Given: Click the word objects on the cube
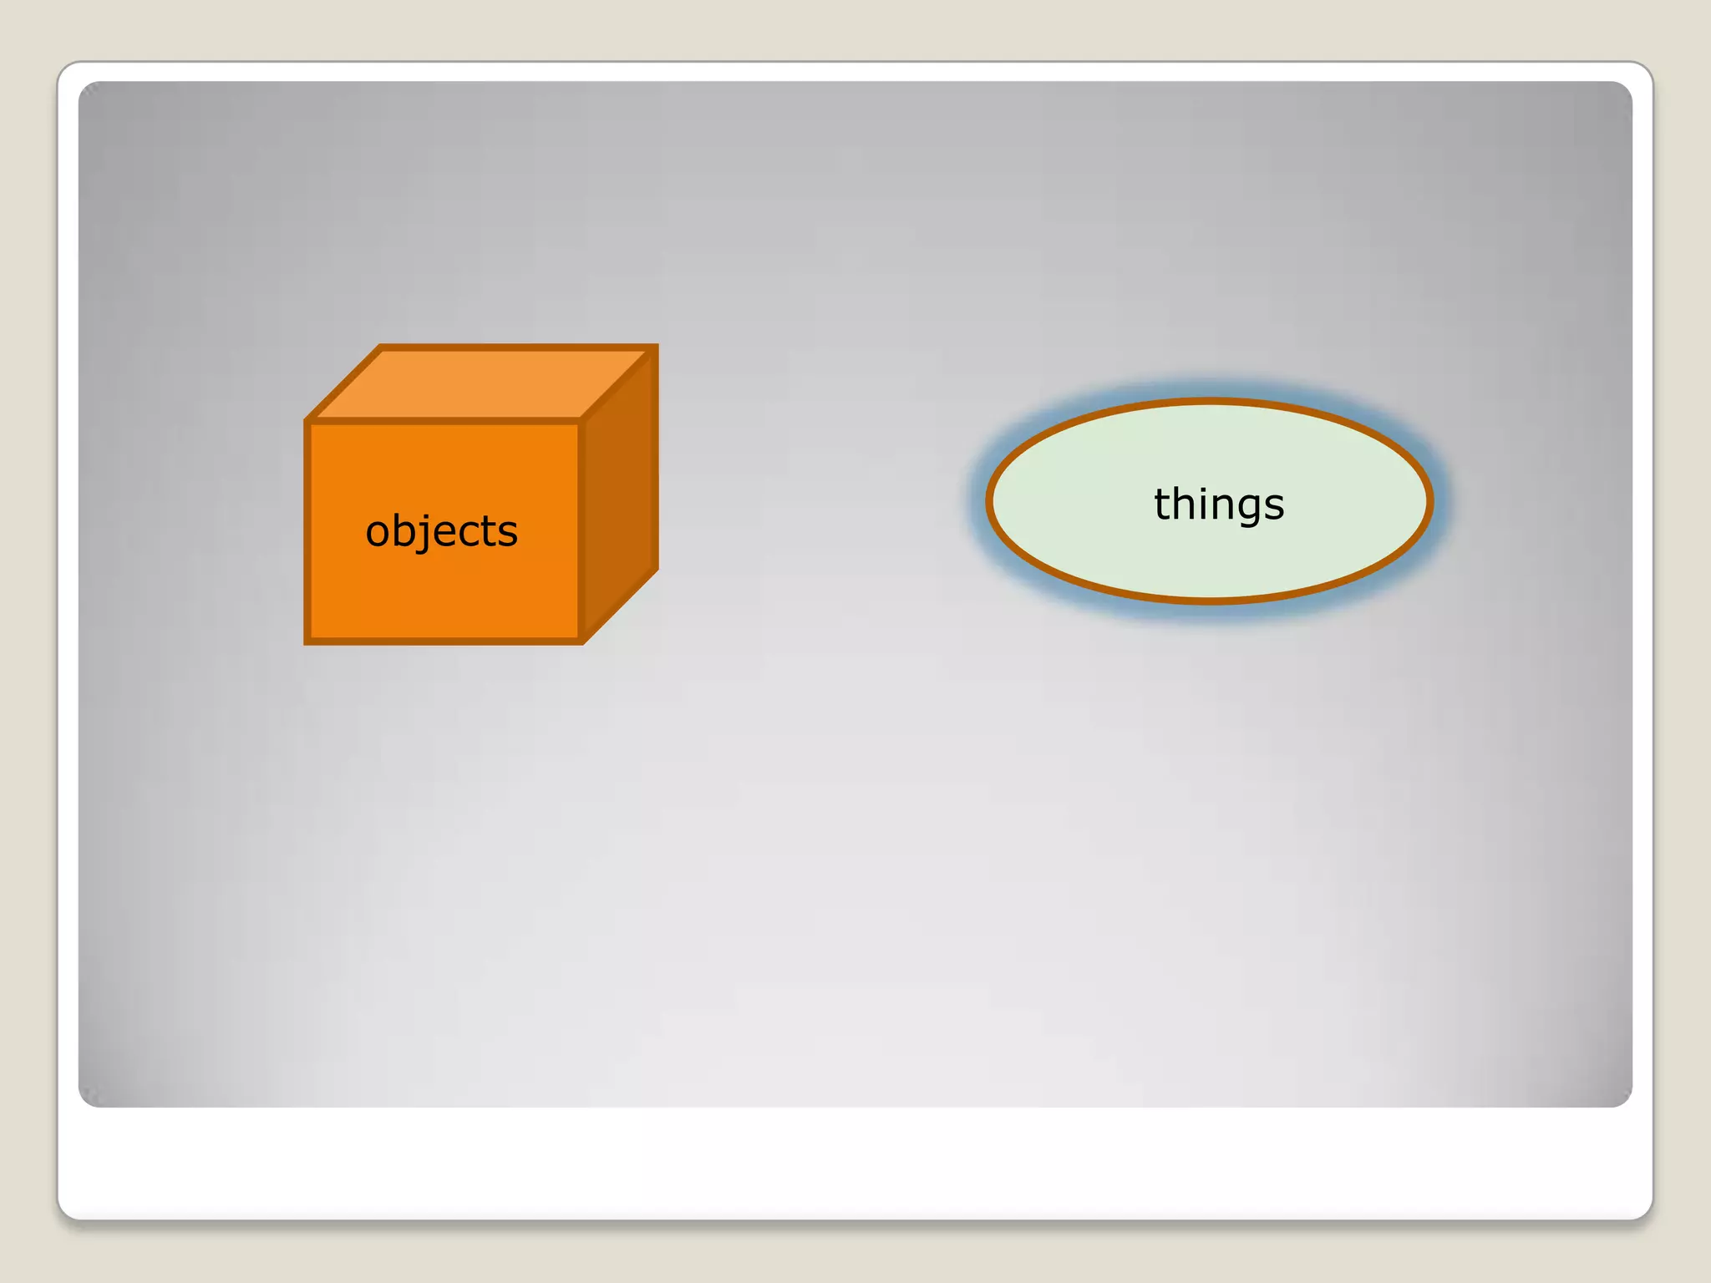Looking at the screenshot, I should [x=441, y=531].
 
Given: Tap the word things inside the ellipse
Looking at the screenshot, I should [x=1219, y=504].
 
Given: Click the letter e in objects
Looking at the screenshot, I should [x=443, y=532].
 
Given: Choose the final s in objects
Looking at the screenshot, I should [x=507, y=532].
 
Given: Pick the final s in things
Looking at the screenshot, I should [x=1274, y=505].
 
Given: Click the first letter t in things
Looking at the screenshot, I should [x=1162, y=504].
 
